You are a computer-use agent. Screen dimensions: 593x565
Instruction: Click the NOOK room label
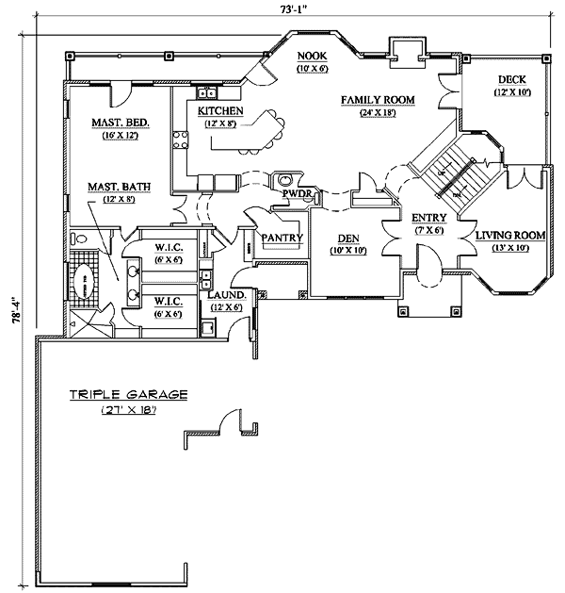(x=311, y=57)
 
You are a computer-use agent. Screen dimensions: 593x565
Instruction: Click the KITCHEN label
(x=221, y=111)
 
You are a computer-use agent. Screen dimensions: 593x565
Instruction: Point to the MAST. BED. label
(x=115, y=124)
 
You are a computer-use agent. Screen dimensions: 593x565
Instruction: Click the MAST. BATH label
(x=116, y=187)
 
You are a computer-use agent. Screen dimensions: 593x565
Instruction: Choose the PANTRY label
(x=282, y=238)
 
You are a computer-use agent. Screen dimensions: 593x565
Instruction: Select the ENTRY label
(x=428, y=218)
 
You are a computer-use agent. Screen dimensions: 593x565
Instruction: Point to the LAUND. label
(x=226, y=295)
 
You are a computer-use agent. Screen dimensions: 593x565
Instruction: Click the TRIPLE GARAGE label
(x=128, y=395)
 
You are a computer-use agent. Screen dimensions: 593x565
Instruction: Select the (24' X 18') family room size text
(x=379, y=113)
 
